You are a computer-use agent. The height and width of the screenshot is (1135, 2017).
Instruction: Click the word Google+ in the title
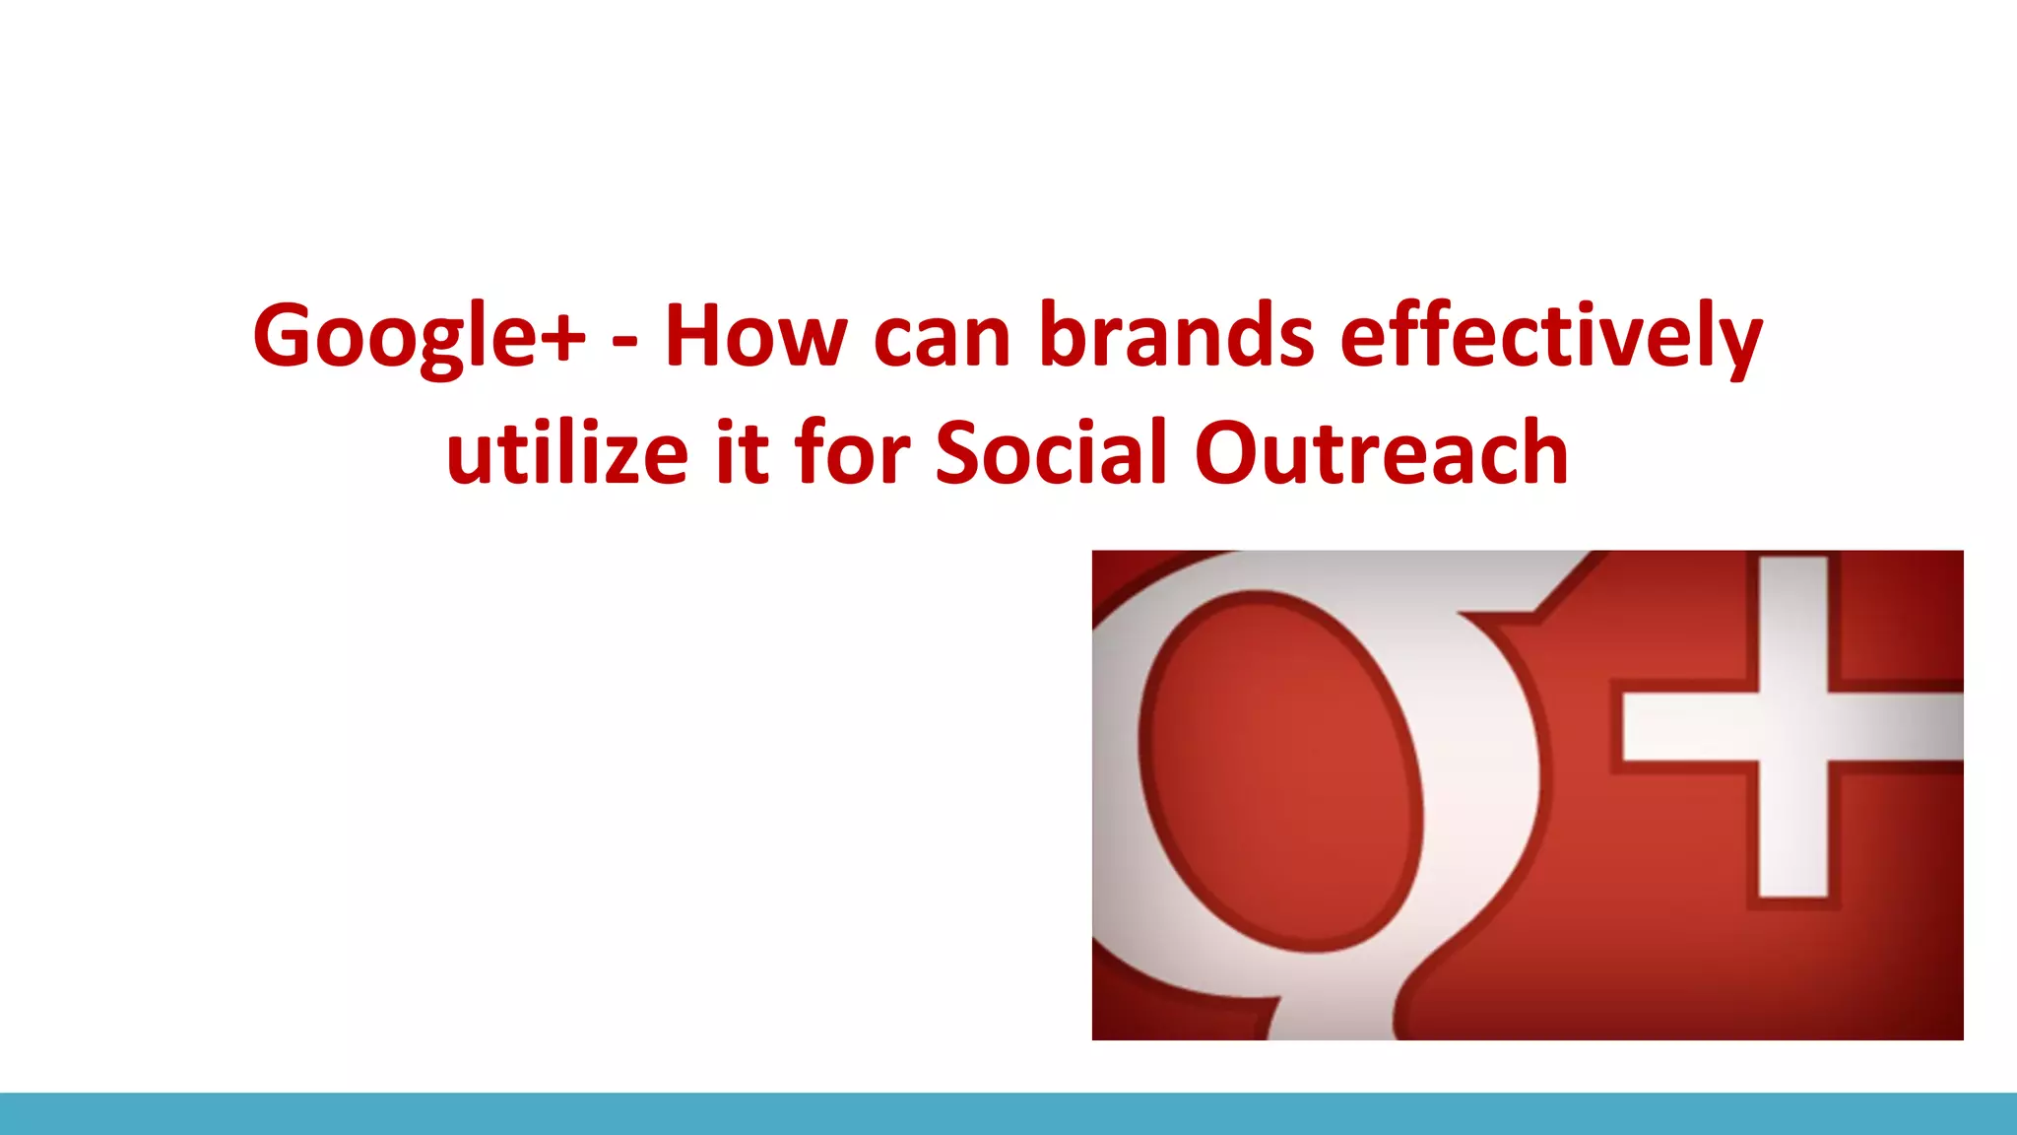[x=419, y=337]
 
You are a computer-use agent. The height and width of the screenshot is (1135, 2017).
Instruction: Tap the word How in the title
[x=755, y=337]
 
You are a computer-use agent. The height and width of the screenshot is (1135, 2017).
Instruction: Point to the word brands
[x=1177, y=337]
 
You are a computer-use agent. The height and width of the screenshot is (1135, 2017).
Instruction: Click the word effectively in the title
[x=1551, y=337]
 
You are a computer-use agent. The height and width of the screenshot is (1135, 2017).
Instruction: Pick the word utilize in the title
[x=566, y=453]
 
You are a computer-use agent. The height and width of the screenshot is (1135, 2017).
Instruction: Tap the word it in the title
[x=742, y=453]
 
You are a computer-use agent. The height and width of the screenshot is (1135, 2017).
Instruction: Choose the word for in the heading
[x=852, y=453]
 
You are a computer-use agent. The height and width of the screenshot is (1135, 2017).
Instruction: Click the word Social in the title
[x=1051, y=453]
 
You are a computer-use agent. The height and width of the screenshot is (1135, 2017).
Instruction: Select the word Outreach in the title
[x=1381, y=453]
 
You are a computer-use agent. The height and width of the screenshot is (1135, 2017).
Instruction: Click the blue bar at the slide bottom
[x=1008, y=1113]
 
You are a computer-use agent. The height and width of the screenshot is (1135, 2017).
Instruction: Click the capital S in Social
[x=962, y=453]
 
